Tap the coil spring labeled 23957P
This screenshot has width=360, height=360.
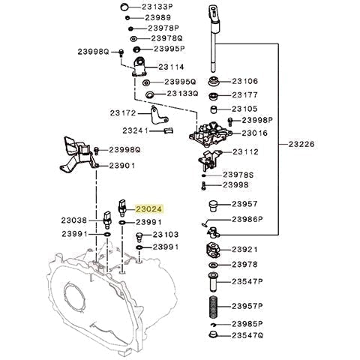(x=212, y=307)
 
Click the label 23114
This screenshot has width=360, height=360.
(x=169, y=66)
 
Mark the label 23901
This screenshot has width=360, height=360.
(x=122, y=166)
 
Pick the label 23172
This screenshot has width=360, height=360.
(x=122, y=113)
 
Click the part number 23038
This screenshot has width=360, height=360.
(x=74, y=221)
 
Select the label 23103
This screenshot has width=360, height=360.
(x=165, y=235)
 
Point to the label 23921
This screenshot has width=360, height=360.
(x=244, y=249)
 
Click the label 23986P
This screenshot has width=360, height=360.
(x=247, y=220)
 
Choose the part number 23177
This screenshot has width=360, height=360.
(x=244, y=95)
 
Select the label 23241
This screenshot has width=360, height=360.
(x=136, y=130)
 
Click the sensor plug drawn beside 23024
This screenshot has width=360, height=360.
(x=123, y=207)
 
